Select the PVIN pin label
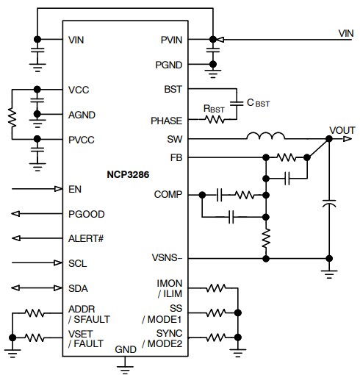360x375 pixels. coord(170,39)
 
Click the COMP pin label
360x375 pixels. coord(168,195)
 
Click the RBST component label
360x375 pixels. coord(214,109)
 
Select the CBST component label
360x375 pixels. coord(257,103)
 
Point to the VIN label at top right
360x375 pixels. coord(345,32)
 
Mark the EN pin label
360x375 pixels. coord(73,189)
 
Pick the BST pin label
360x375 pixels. coord(173,89)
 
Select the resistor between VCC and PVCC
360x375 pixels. coord(12,114)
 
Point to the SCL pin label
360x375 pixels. coord(77,263)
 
